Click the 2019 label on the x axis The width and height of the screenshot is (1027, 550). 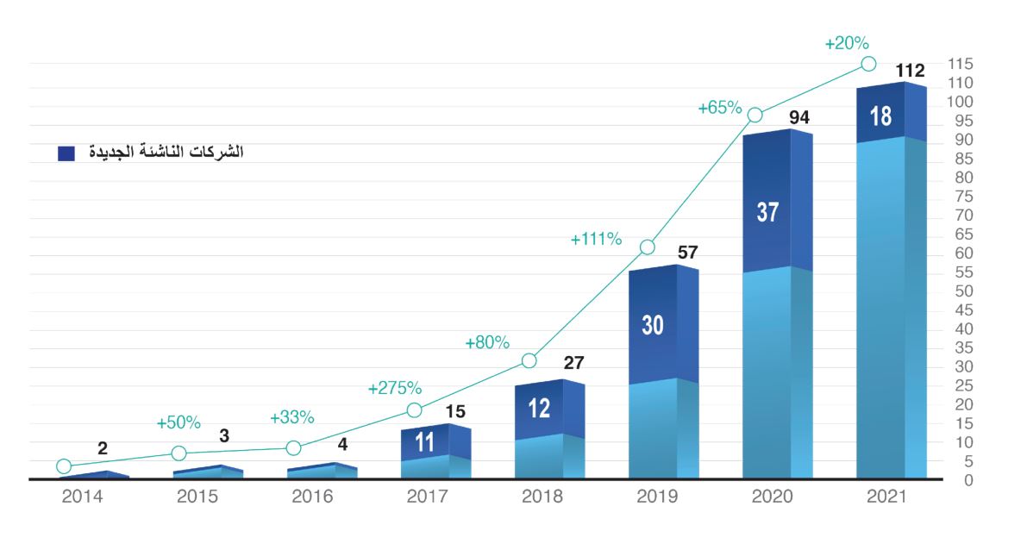click(656, 497)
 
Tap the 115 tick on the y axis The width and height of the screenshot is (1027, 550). click(960, 64)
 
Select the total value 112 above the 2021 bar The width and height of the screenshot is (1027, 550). click(910, 71)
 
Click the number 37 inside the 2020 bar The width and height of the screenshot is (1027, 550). click(767, 212)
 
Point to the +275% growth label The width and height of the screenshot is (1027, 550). click(394, 388)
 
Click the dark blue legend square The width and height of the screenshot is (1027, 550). click(66, 153)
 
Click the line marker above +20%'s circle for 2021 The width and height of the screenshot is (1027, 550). click(868, 64)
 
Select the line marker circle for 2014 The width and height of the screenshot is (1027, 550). click(64, 466)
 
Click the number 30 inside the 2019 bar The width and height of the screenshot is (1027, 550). click(653, 325)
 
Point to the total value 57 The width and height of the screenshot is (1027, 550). click(687, 253)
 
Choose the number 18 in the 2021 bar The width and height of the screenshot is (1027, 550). click(880, 116)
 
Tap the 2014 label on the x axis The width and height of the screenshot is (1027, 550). click(84, 497)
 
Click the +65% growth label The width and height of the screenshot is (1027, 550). click(720, 108)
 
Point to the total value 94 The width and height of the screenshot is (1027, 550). click(799, 116)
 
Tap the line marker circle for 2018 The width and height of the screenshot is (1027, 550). click(529, 360)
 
